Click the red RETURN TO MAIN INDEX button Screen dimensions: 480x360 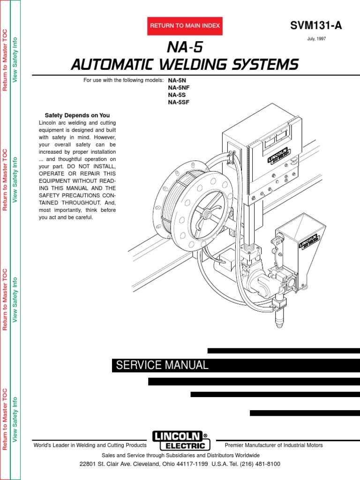[x=185, y=26]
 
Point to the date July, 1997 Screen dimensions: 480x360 [x=316, y=39]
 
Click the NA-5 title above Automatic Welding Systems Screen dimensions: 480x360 [x=185, y=47]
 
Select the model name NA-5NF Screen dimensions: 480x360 [x=179, y=87]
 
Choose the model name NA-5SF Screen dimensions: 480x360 [x=179, y=102]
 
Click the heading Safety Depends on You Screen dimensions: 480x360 [x=77, y=115]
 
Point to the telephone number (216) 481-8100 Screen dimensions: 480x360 [x=260, y=464]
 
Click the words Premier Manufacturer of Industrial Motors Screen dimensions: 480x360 [x=274, y=445]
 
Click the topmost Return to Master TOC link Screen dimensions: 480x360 [x=6, y=60]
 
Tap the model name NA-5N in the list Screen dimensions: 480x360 [x=177, y=80]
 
